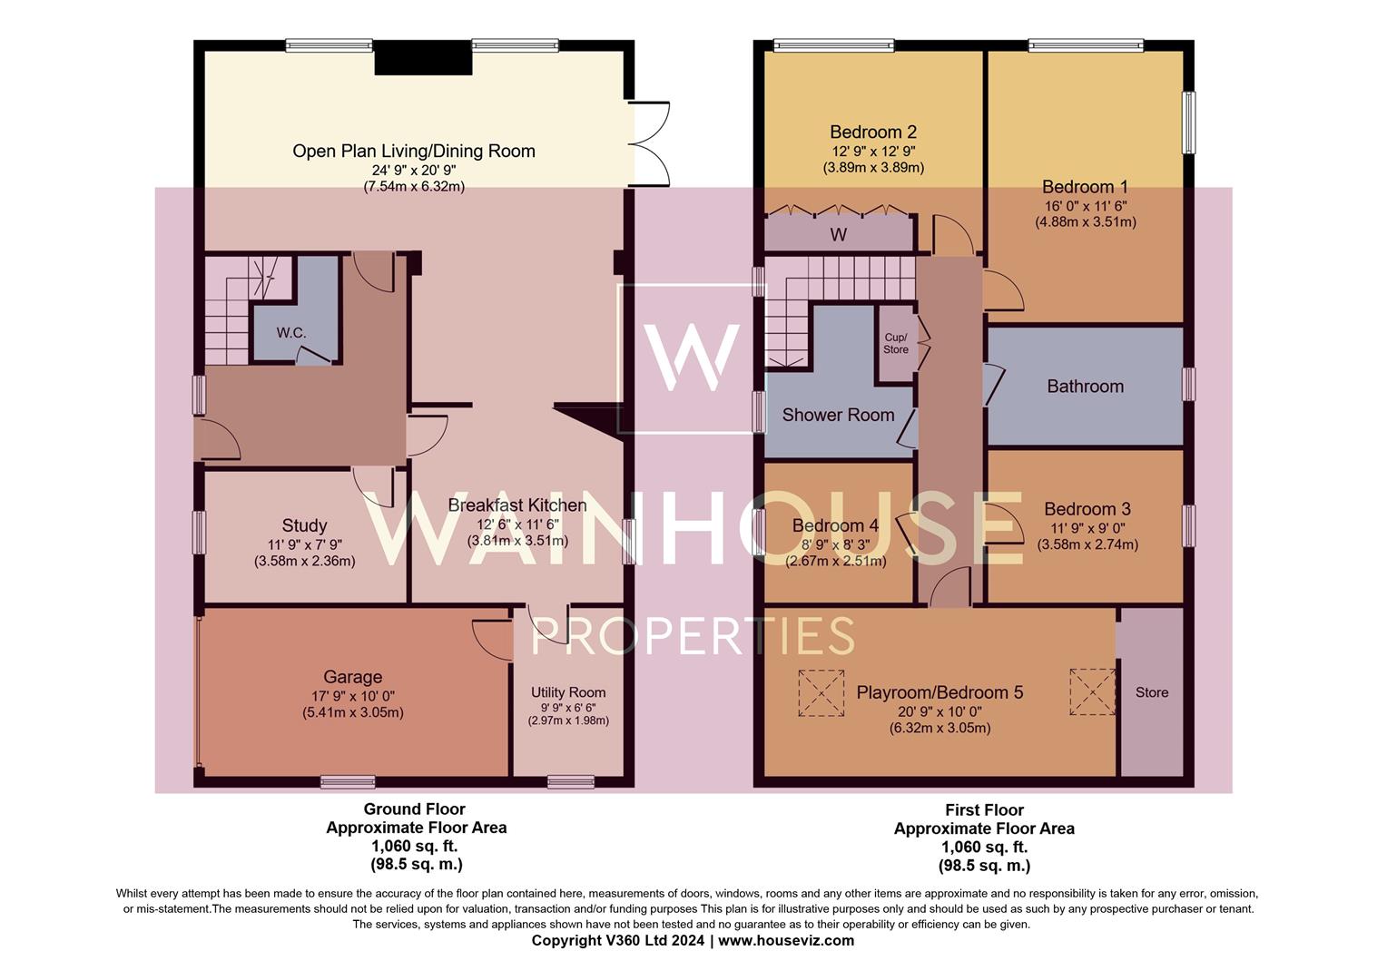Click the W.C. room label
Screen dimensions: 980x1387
pos(291,333)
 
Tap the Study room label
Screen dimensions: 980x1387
pos(304,525)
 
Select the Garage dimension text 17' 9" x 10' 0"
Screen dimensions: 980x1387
pos(352,696)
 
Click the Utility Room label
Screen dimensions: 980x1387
pos(568,692)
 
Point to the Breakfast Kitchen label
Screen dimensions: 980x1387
pos(517,505)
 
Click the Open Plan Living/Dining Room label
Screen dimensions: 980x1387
pos(414,151)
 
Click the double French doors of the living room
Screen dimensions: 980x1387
pos(650,142)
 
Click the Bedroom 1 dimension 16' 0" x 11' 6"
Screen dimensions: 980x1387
pos(1086,206)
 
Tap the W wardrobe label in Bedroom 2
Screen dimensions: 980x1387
pos(839,235)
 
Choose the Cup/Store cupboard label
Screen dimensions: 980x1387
pos(896,343)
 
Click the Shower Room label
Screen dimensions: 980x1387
pos(838,415)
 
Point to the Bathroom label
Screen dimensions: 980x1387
pos(1085,387)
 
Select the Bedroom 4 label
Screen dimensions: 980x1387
pos(835,525)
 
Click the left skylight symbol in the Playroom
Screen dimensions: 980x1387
pos(821,693)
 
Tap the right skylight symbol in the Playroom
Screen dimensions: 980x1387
pos(1092,691)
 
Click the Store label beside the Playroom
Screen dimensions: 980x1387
pos(1151,692)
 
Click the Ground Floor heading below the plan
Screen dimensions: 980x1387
pos(415,808)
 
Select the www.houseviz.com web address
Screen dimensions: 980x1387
pos(786,940)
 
